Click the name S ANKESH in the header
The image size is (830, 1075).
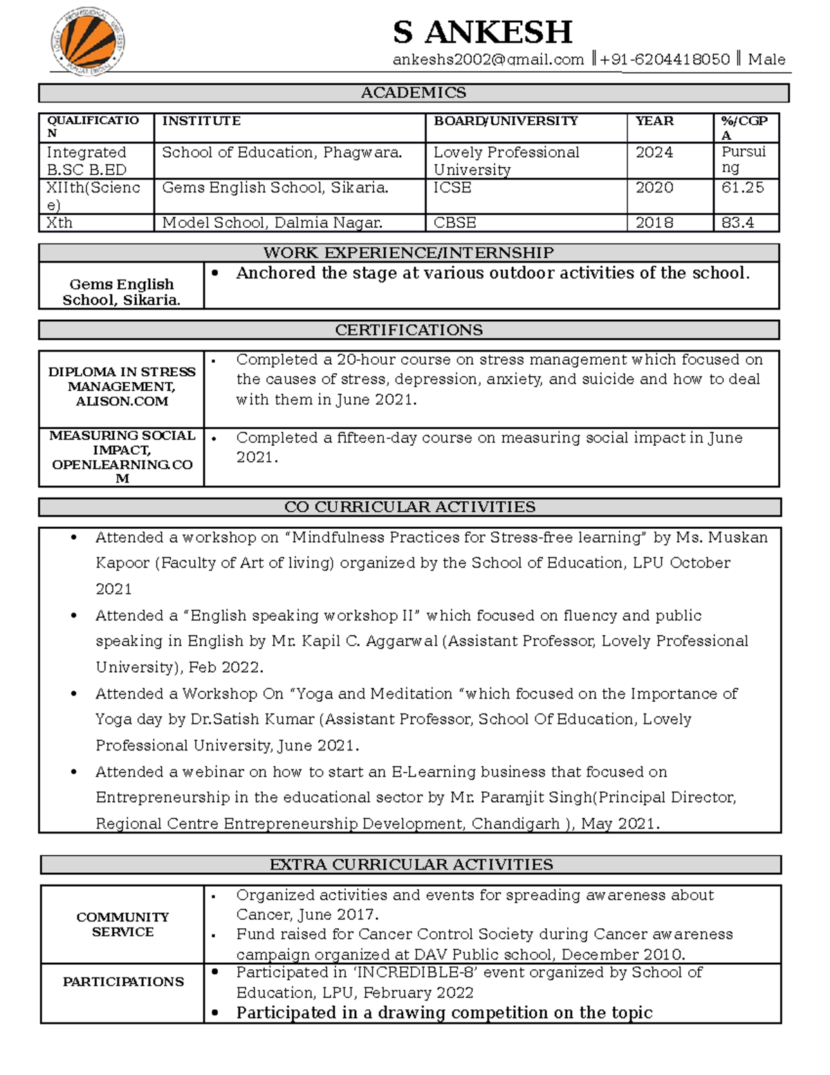[482, 33]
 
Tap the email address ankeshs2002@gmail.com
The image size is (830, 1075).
[488, 60]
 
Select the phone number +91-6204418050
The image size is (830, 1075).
[665, 60]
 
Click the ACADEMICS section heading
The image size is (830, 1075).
[413, 93]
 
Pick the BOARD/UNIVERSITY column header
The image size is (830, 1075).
[506, 121]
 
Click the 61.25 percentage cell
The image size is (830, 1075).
[742, 188]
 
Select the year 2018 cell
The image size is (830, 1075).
[654, 223]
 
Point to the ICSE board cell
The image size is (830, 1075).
[452, 188]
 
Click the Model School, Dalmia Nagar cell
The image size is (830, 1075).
[272, 223]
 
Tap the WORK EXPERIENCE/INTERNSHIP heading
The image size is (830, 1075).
[408, 253]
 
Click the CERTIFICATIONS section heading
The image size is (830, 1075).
[408, 330]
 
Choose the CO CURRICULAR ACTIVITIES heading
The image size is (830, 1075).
[409, 507]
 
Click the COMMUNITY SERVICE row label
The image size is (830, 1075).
[122, 924]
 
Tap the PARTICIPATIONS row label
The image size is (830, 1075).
[123, 982]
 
